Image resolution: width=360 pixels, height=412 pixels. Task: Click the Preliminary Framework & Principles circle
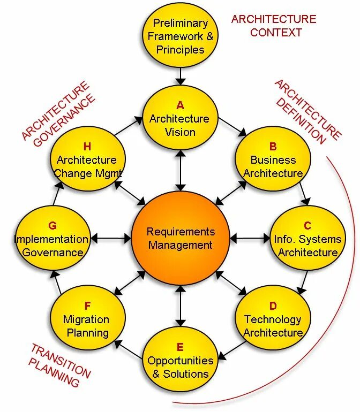(180, 36)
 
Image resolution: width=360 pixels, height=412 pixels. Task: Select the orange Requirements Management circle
(180, 239)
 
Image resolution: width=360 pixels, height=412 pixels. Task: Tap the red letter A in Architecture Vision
(180, 105)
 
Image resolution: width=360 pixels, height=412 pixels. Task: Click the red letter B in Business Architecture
(273, 147)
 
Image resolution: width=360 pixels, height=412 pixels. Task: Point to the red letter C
(307, 226)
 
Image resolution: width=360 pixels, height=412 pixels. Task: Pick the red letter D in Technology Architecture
(273, 306)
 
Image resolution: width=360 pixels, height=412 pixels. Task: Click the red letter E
(180, 347)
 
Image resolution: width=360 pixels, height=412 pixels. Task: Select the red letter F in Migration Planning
(87, 306)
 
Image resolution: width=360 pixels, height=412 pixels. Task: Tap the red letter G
(52, 226)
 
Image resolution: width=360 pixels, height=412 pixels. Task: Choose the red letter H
(87, 147)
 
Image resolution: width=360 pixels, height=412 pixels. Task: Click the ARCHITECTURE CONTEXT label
(274, 26)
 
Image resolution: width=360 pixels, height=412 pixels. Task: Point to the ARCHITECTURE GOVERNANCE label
(59, 114)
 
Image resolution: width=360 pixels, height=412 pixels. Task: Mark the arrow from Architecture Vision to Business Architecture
(231, 125)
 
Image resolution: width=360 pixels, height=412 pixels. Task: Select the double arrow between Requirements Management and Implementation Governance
(111, 238)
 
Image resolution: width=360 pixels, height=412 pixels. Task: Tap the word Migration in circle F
(86, 319)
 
